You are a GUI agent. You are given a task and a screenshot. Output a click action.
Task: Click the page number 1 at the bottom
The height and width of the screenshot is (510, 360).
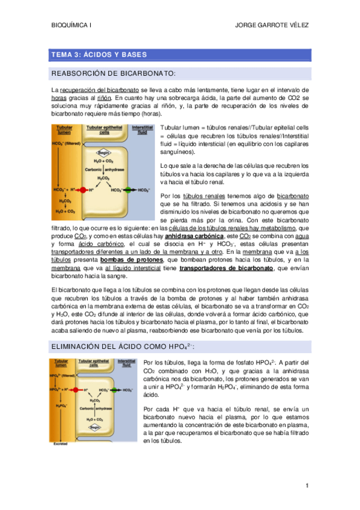pos(307,485)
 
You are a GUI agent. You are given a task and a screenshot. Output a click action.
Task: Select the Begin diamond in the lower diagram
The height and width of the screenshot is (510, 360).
pos(96,428)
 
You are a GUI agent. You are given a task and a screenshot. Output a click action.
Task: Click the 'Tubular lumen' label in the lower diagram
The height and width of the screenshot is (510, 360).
pos(60,363)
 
